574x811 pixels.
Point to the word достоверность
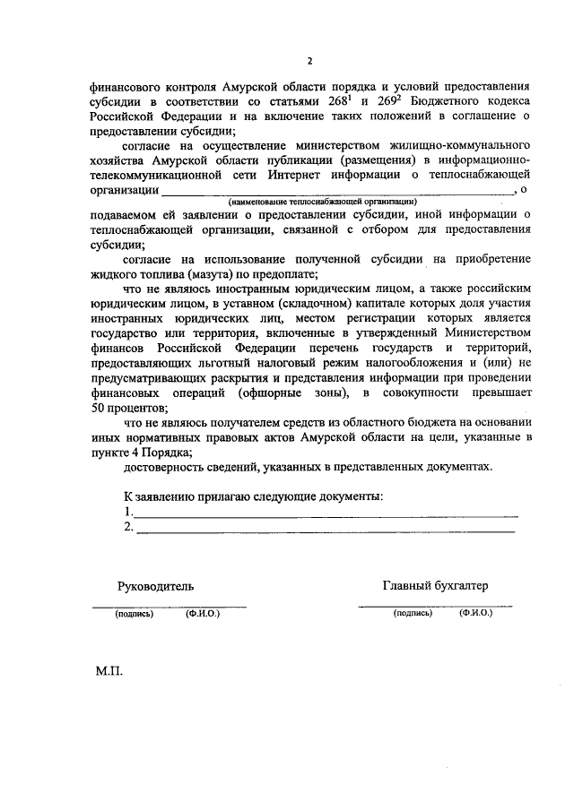[165, 468]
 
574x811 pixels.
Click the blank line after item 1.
[326, 514]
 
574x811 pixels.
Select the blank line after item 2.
[325, 531]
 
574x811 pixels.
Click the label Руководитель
[155, 586]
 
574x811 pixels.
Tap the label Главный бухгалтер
[436, 586]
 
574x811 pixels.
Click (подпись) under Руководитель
[134, 616]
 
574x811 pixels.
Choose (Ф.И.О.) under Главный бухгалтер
[475, 616]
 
